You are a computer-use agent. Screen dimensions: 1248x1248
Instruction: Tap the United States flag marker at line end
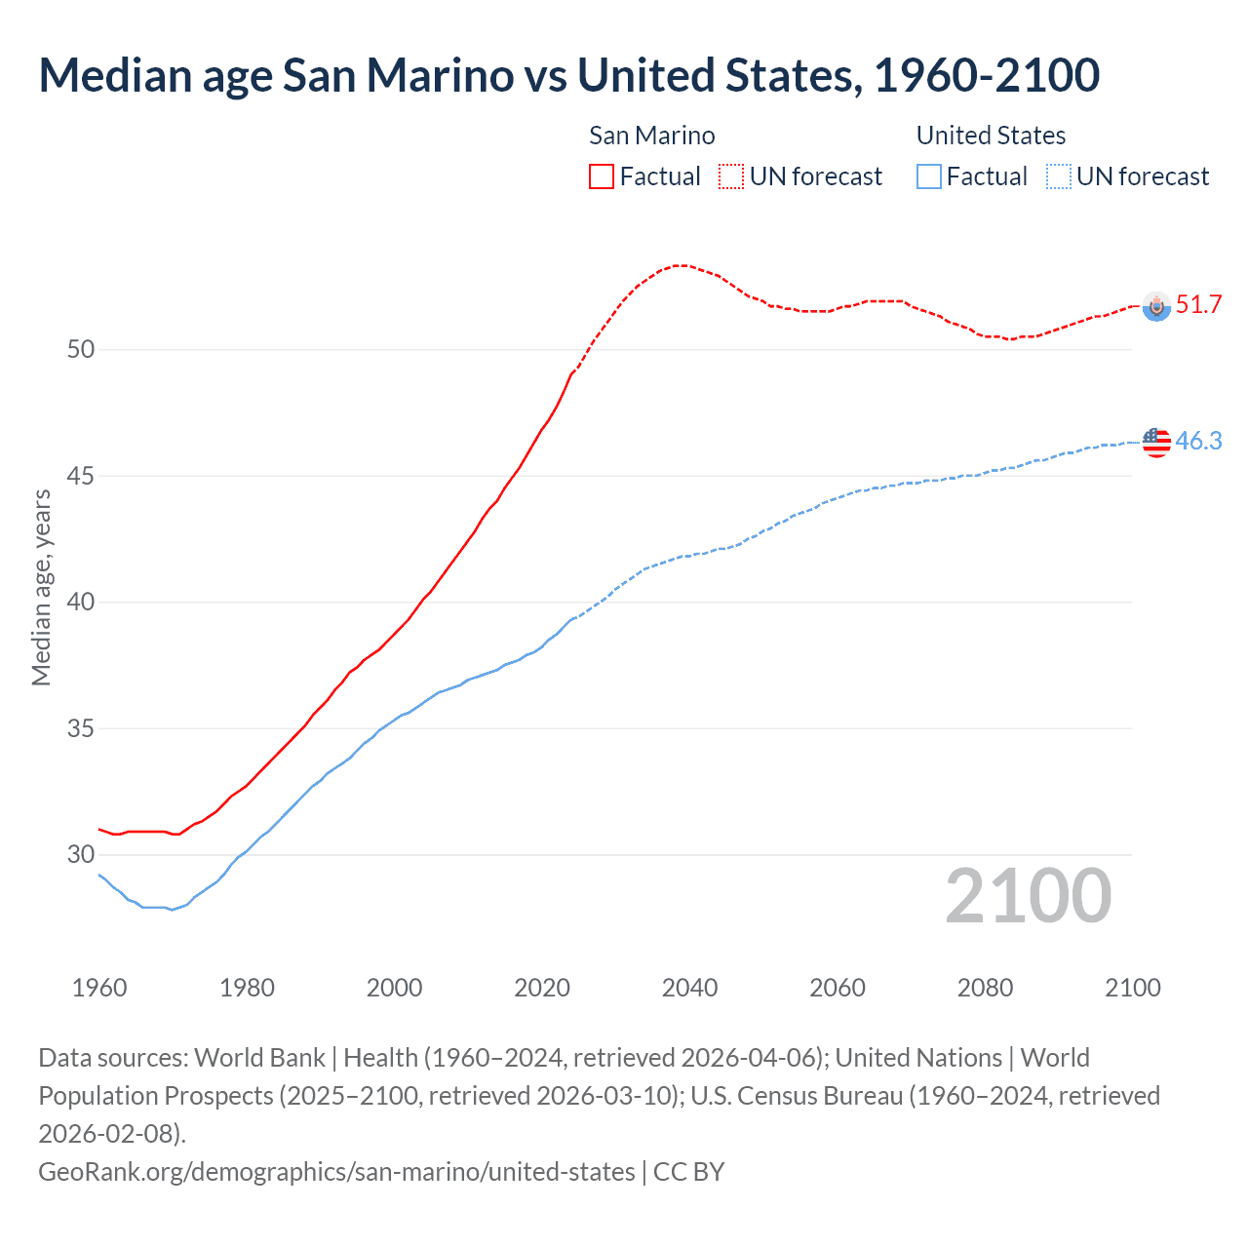pos(1156,442)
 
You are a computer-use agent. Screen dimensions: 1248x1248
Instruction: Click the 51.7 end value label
pos(1198,304)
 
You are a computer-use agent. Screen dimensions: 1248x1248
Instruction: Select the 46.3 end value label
pos(1198,441)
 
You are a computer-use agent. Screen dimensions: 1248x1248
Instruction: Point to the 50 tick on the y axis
pos(81,349)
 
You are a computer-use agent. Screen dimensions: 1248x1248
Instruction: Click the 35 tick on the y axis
pos(81,728)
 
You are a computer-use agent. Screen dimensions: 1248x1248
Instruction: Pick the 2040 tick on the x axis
pos(689,988)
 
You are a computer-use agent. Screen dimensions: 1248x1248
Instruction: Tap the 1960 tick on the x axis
pos(99,988)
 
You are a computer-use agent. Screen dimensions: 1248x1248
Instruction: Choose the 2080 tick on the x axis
pos(985,988)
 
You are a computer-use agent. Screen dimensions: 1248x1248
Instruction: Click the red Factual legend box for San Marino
pos(602,176)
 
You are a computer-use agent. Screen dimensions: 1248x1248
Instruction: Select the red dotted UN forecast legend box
pos(731,176)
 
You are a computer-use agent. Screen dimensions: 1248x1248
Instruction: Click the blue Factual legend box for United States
pos(929,176)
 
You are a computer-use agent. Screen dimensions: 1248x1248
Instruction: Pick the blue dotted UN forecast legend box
pos(1058,176)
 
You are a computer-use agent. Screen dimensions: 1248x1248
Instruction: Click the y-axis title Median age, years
pos(41,588)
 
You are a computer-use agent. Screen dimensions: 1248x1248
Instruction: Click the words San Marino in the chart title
pos(398,75)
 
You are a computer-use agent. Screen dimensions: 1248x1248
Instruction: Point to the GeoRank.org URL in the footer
pos(336,1171)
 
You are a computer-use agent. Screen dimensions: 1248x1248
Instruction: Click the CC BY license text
pos(689,1171)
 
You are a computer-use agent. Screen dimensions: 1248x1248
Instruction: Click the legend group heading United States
pos(991,136)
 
